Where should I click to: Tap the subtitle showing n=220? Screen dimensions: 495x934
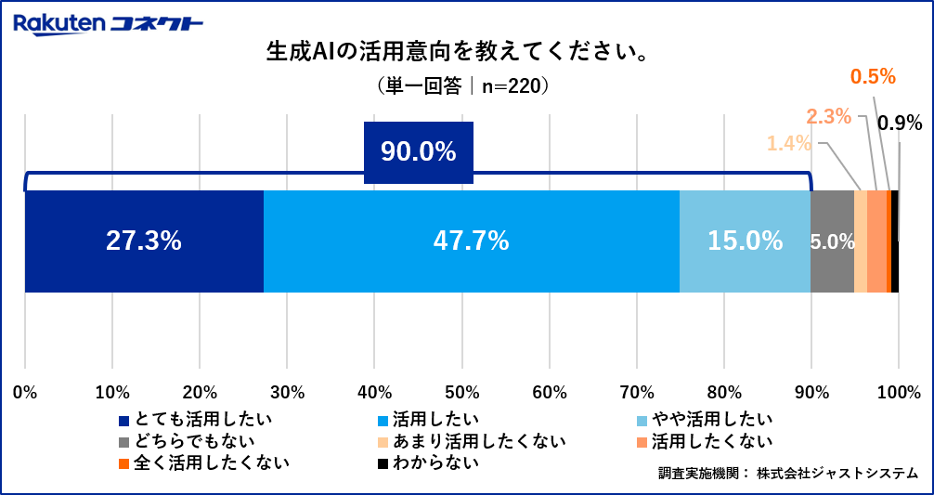coord(464,85)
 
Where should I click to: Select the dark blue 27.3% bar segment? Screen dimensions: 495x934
coord(144,241)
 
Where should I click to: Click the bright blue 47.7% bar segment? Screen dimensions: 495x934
coord(471,241)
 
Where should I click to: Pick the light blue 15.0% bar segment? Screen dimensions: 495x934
coord(745,241)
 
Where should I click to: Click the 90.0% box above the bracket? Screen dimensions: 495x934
coord(418,151)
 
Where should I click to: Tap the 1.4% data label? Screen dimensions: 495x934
coord(788,143)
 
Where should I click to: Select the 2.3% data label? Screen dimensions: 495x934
coord(828,116)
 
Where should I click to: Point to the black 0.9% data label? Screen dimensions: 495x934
coord(899,123)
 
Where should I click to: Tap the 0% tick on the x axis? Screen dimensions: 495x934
coord(25,390)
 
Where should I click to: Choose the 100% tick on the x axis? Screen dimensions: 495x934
coord(898,390)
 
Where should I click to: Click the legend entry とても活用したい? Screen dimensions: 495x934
coord(195,419)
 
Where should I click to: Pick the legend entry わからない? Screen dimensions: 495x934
coord(427,461)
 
